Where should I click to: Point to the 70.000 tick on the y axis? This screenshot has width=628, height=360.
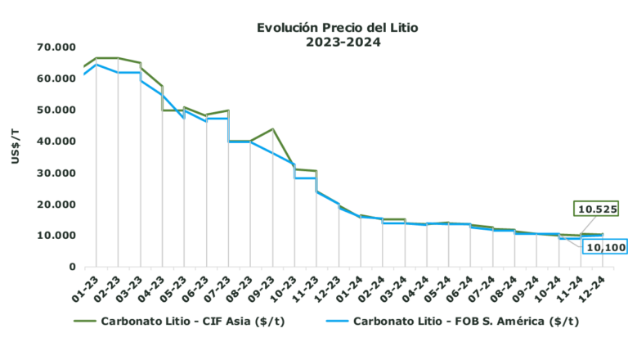click(55, 47)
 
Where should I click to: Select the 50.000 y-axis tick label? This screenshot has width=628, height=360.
click(55, 110)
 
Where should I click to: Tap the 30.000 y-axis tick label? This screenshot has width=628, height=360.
click(55, 173)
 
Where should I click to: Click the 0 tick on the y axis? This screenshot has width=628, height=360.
click(71, 267)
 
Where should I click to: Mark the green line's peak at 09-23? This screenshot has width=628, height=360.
click(273, 128)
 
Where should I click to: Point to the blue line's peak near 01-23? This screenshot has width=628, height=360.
click(97, 64)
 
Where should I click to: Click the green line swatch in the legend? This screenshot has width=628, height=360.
click(83, 322)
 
